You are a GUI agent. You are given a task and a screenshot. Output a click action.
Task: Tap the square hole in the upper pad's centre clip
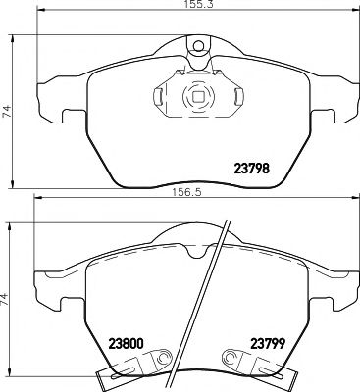tap(196, 97)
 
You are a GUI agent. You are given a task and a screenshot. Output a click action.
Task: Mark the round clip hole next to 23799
tap(231, 359)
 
